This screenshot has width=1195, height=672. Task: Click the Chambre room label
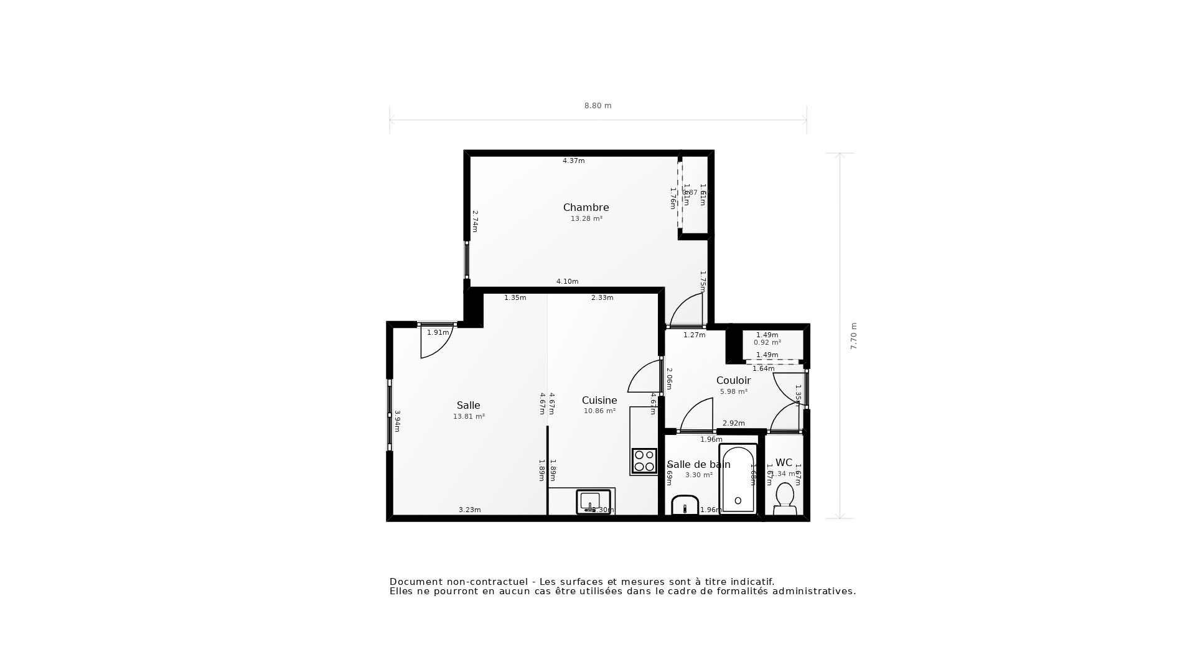586,207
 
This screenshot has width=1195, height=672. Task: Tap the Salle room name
468,405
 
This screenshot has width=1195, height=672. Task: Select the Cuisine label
599,400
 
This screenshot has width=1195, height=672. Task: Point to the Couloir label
733,380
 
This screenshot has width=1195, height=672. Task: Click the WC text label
784,462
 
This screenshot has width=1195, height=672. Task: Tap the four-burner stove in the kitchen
644,461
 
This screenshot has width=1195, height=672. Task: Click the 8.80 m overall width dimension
597,106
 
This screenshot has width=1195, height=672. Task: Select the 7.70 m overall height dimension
853,336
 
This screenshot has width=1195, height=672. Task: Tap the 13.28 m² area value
586,219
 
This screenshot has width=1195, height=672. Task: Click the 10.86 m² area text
599,411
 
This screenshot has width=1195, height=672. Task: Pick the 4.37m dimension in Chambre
573,161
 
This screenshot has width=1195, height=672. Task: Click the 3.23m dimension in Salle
469,510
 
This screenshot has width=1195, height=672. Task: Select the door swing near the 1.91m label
435,344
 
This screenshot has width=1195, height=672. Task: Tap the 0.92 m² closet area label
767,342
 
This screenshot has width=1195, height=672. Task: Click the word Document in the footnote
414,582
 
